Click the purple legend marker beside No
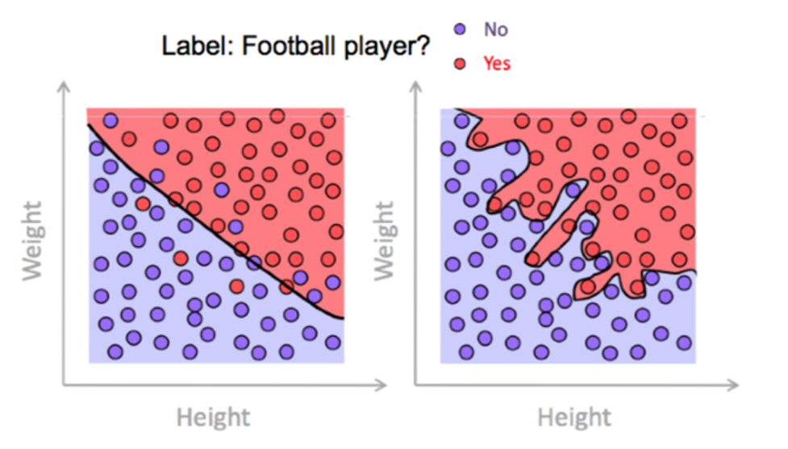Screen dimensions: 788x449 point(460,29)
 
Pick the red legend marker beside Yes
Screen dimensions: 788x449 point(460,64)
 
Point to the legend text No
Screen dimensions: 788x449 point(496,30)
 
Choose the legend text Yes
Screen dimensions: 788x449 point(497,64)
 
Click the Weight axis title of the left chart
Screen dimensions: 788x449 point(33,241)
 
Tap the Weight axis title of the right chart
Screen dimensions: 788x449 point(385,241)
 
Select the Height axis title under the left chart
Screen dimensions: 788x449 point(213,418)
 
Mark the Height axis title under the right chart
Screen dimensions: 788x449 point(574,418)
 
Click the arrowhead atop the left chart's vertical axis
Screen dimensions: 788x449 point(64,86)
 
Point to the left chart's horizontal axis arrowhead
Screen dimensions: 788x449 point(381,385)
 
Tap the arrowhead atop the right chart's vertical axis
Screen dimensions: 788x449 point(416,86)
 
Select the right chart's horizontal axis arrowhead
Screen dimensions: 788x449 point(733,385)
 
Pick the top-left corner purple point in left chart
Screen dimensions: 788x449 point(110,121)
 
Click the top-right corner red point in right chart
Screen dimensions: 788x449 point(679,121)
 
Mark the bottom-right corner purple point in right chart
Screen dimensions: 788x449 point(684,343)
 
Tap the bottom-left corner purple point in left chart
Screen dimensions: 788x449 point(115,352)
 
